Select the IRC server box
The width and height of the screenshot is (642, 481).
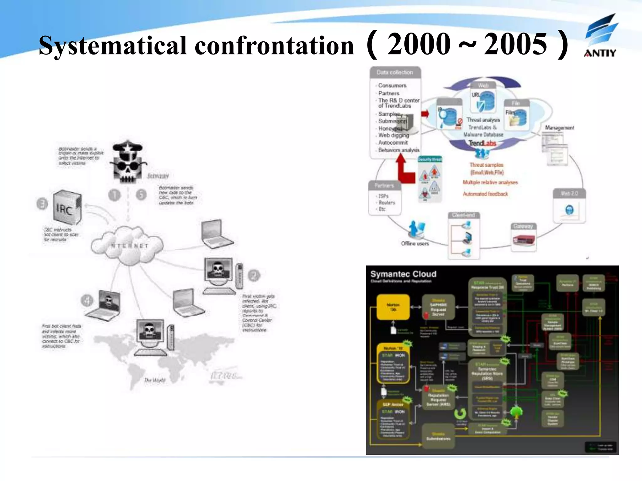pos(67,207)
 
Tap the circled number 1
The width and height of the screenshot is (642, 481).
pos(114,195)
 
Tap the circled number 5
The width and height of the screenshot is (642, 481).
pos(141,195)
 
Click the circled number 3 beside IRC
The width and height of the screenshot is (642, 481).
pos(42,204)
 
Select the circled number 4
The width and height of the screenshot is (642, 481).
pos(87,300)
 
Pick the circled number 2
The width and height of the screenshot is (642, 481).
pos(254,275)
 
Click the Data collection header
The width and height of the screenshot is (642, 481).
pos(395,72)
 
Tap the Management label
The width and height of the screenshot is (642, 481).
pos(559,127)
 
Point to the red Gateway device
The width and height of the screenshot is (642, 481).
pos(524,240)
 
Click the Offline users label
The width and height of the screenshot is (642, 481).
pos(415,243)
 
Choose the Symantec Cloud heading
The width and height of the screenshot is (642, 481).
pos(403,274)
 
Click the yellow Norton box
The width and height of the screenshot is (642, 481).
pos(393,307)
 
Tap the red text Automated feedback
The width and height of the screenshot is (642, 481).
pos(485,194)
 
